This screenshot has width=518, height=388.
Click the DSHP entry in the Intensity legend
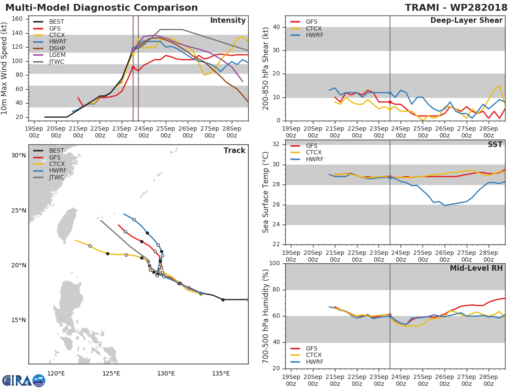tap(57, 48)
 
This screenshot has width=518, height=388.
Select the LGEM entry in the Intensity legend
tap(57, 55)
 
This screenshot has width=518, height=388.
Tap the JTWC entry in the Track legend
tap(57, 177)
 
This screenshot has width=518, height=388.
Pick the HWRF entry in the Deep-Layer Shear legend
tap(314, 35)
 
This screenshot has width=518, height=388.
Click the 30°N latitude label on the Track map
tap(18, 155)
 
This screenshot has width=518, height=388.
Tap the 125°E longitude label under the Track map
tap(111, 373)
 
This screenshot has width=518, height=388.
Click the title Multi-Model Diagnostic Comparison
tap(101, 8)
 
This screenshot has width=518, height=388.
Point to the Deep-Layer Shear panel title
tap(466, 21)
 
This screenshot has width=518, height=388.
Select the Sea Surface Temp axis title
tap(266, 192)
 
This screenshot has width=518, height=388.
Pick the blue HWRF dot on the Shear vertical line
tap(390, 93)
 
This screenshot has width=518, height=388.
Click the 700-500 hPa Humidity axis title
tap(266, 316)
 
